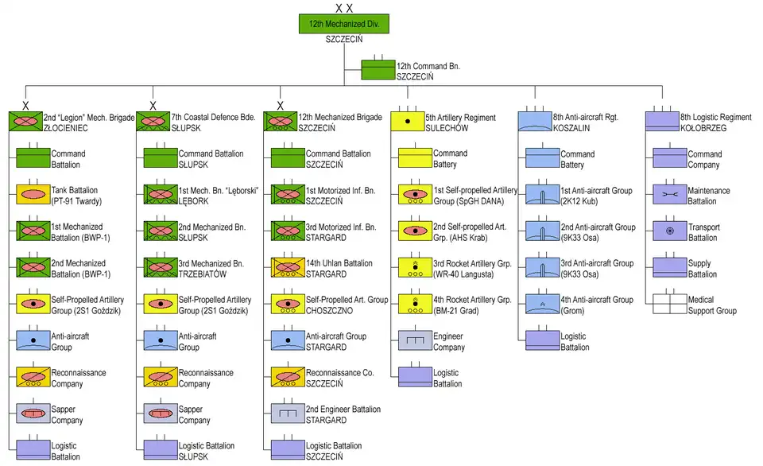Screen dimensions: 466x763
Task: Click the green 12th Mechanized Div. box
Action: (344, 25)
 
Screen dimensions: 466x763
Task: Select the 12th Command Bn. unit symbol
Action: (378, 71)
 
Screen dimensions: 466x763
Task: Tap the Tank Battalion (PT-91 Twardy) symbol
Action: (33, 195)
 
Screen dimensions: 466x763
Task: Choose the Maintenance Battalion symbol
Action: (669, 195)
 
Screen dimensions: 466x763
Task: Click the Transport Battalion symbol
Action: (669, 231)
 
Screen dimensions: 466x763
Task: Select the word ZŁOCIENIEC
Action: (64, 127)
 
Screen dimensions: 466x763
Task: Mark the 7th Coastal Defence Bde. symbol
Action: (153, 122)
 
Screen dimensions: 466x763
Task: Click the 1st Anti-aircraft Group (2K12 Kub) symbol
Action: (541, 195)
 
